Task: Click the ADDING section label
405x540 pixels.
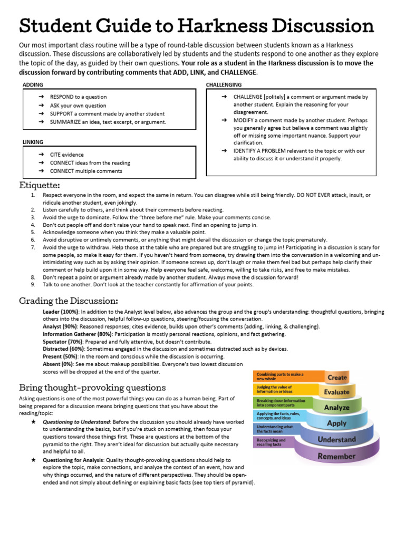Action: coord(33,84)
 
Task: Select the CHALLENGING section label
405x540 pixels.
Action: coord(224,84)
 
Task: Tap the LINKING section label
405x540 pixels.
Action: coord(33,142)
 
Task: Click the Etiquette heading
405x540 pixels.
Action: coord(40,185)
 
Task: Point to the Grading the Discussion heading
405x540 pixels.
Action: coord(69,301)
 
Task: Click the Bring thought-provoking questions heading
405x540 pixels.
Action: coord(92,388)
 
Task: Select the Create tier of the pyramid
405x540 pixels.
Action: coord(337,377)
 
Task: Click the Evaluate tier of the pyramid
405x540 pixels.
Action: coord(337,392)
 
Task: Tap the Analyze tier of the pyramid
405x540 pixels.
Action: coord(337,407)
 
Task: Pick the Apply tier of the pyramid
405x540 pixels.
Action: coord(337,423)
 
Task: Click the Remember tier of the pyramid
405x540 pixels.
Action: coord(337,456)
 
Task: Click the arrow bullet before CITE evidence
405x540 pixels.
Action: coord(41,155)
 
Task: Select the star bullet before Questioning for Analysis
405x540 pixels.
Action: coord(34,460)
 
